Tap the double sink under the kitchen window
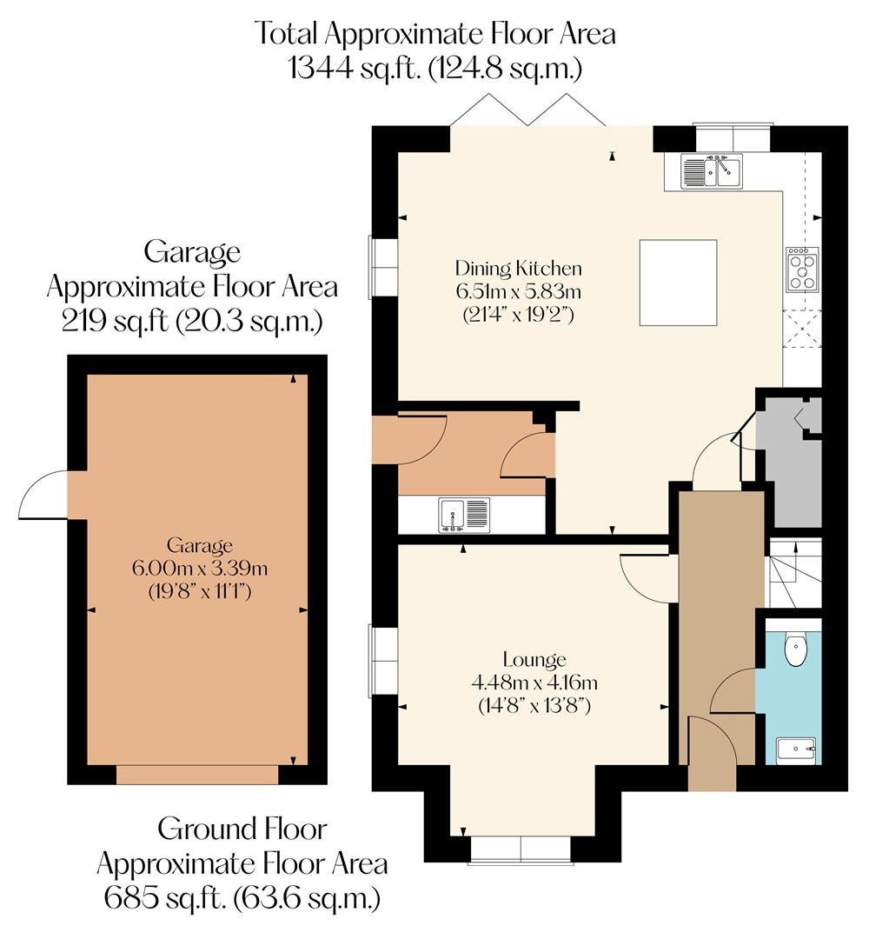pos(711,170)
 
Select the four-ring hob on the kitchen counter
pos(801,269)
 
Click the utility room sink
pos(465,514)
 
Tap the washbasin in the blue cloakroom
pos(795,749)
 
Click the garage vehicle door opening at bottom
pos(197,774)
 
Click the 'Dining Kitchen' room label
pos(518,268)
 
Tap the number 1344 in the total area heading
pos(323,68)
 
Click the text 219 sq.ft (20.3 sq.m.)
pos(192,322)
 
